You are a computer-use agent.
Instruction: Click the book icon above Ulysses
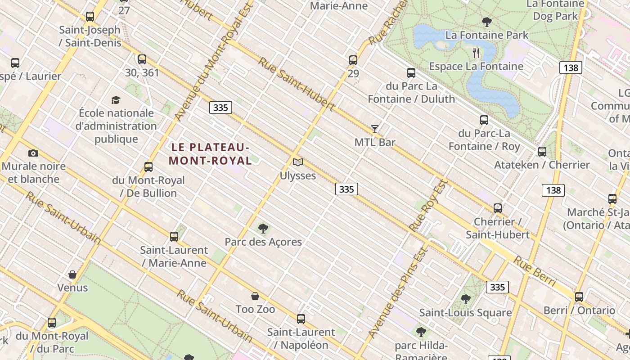[297, 162]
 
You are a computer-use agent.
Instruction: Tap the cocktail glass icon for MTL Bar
[374, 129]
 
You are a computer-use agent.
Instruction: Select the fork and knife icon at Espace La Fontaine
[476, 53]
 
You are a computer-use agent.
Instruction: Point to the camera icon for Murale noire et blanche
[33, 153]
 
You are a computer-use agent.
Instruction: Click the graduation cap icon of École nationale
[116, 100]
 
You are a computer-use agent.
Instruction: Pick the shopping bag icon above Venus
[72, 274]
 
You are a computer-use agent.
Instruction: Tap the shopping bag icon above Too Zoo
[255, 296]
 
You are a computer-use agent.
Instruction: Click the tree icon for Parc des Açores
[263, 229]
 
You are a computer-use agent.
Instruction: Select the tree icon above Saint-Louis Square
[466, 299]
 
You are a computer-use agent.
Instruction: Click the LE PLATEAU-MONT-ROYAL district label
[210, 154]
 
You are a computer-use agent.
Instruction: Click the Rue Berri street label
[535, 271]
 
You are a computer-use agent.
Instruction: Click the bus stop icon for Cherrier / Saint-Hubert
[497, 208]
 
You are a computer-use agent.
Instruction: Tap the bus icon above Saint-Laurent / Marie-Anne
[174, 237]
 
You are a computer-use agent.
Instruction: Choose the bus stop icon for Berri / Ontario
[579, 297]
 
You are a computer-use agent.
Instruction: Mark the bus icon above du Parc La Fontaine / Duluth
[411, 73]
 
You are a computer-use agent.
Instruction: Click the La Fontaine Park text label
[486, 35]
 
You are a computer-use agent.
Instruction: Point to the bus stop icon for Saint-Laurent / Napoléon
[301, 319]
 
